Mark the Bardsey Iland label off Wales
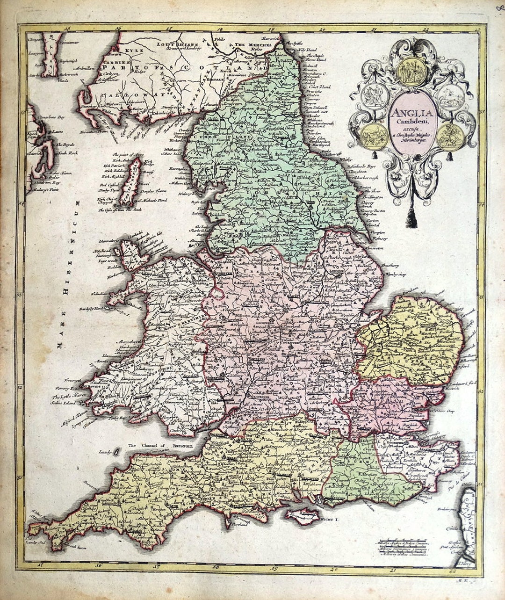pyautogui.click(x=91, y=309)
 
